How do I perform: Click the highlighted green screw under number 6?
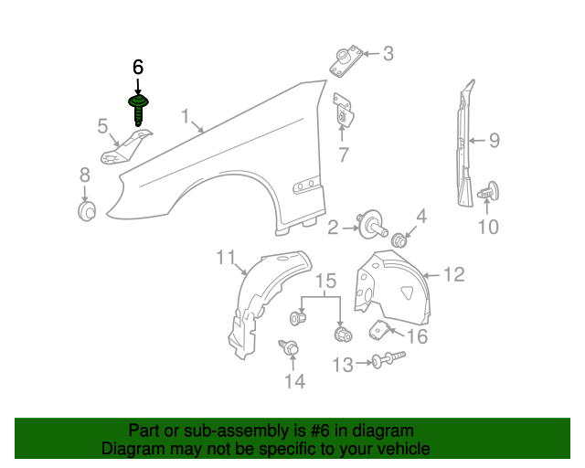point(140,109)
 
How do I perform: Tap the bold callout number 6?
point(138,68)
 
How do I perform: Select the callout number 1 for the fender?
point(186,117)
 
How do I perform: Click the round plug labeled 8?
point(86,212)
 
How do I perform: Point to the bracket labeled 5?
point(128,149)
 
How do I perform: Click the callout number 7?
point(343,155)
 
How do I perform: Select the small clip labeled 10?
point(489,192)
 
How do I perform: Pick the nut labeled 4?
point(399,240)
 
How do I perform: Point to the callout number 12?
point(454,273)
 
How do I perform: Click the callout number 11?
point(226,259)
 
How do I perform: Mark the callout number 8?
point(84,175)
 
